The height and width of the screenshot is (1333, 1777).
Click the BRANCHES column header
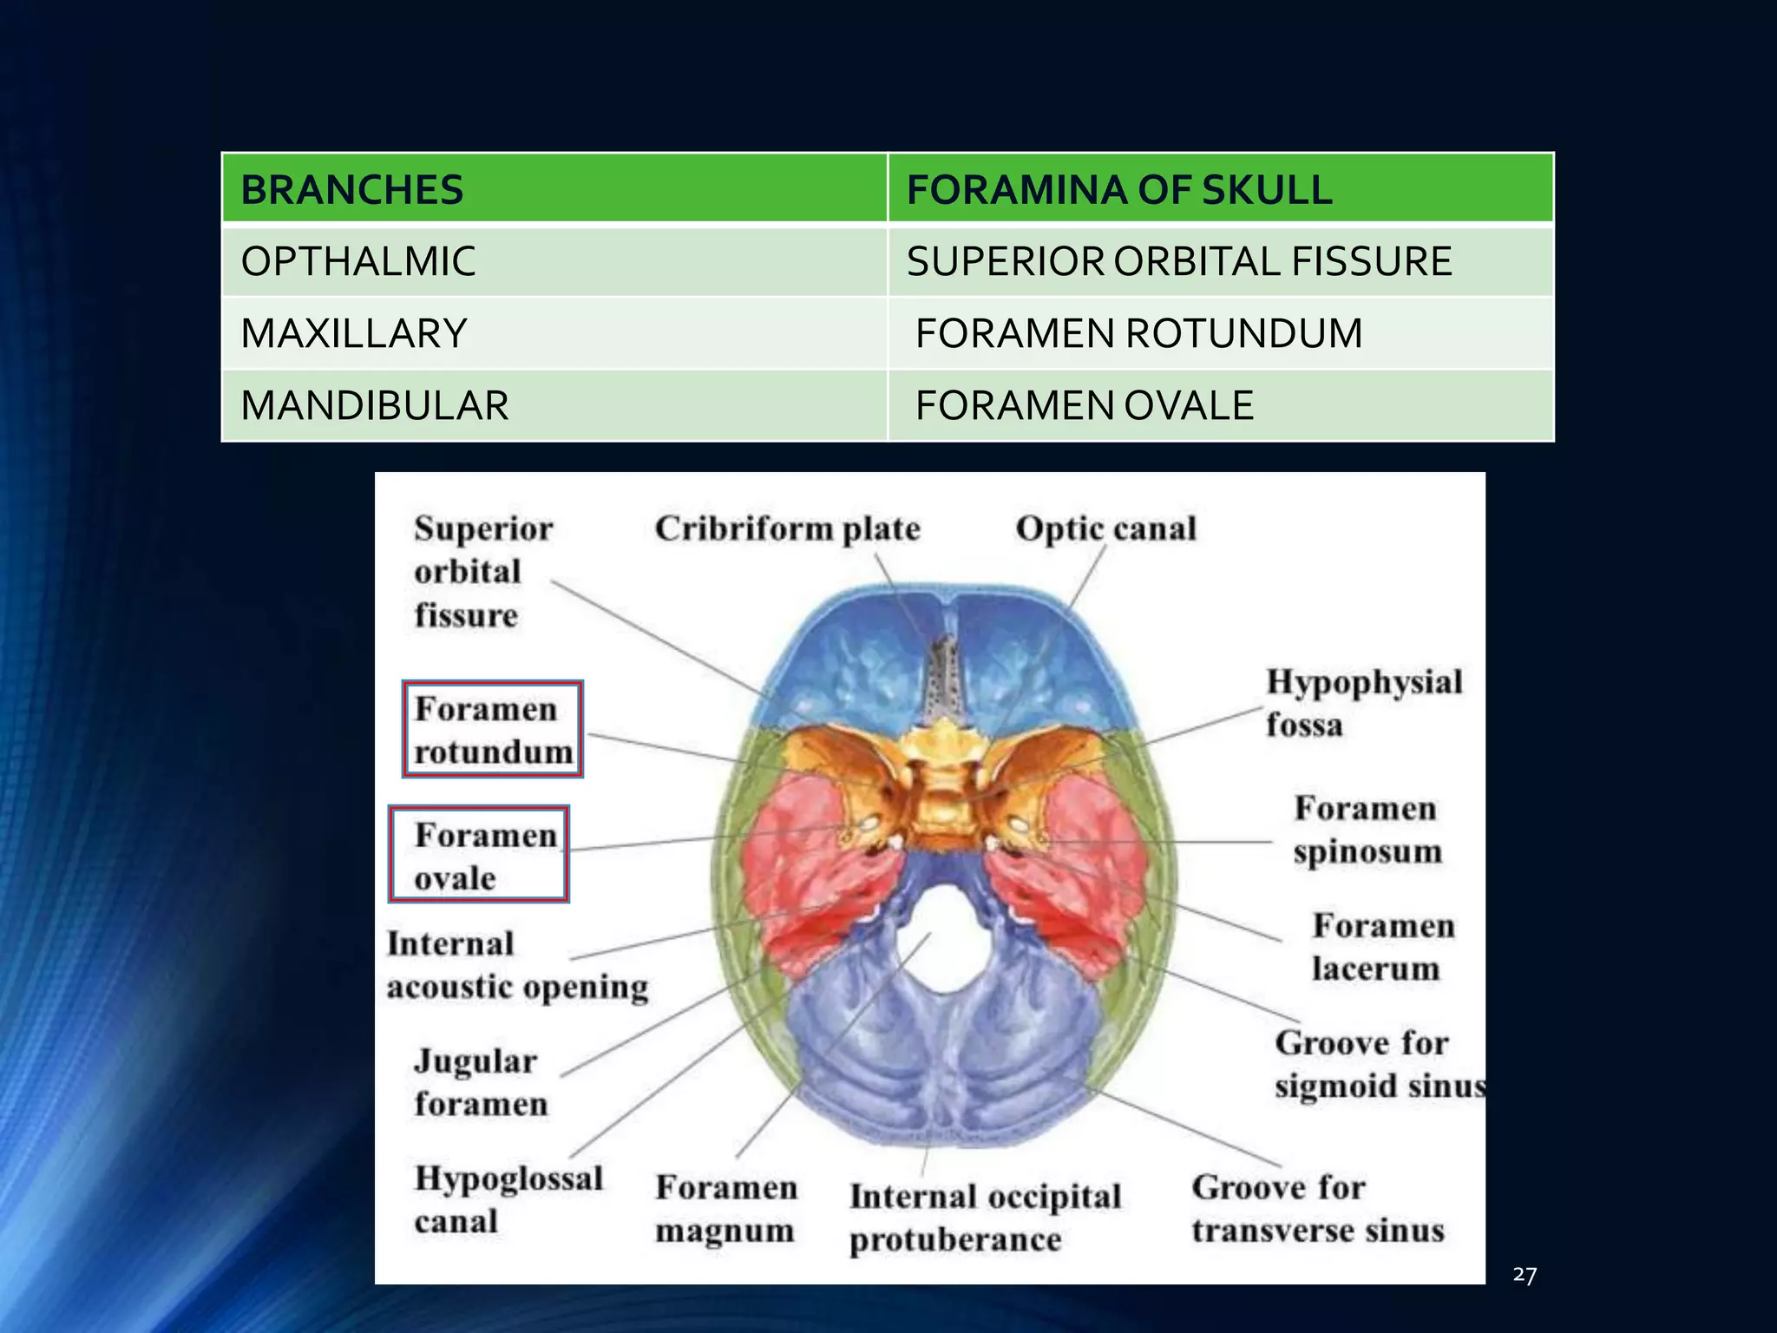coord(352,190)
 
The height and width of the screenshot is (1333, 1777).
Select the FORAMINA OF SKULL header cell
coord(1119,190)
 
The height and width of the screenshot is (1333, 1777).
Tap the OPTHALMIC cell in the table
coord(358,261)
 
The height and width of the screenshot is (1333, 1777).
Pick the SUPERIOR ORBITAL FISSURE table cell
coord(1179,261)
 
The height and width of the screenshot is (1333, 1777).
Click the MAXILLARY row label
coord(354,333)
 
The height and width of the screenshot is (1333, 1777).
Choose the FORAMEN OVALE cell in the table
coord(1085,405)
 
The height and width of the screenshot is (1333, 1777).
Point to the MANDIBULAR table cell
coord(375,405)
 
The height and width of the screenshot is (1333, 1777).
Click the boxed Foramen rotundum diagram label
coord(493,729)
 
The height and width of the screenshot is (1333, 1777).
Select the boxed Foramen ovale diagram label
coord(479,855)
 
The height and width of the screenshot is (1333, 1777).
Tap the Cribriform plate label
coord(787,529)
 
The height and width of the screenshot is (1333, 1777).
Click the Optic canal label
coord(1105,529)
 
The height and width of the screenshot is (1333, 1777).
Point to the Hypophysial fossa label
coord(1363,703)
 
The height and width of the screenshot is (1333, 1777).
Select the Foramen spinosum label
coord(1367,830)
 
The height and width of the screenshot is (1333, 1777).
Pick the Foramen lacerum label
coord(1382,947)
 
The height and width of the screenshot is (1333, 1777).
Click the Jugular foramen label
coord(480,1082)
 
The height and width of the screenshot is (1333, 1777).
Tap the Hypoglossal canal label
coord(508,1199)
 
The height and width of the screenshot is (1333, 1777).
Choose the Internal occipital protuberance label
coord(985,1218)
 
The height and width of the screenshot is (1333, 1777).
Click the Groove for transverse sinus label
coord(1317,1208)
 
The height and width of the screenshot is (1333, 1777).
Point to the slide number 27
coord(1525,1274)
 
